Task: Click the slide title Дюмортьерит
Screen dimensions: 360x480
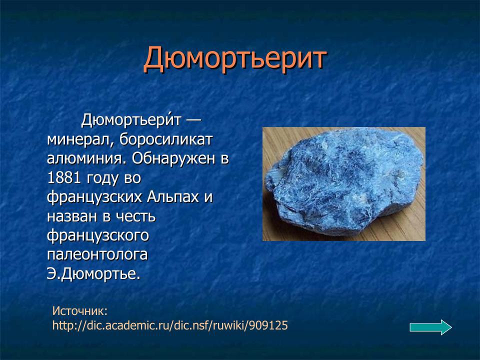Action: click(x=235, y=58)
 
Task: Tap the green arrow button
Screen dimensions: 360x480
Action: click(x=430, y=327)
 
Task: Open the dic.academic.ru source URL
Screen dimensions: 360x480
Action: click(x=170, y=325)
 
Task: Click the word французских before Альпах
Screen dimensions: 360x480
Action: click(x=95, y=197)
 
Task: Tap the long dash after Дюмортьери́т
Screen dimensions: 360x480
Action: click(x=195, y=120)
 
